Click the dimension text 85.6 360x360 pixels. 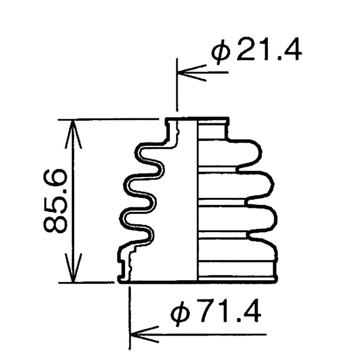55,201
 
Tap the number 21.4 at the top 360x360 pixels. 269,49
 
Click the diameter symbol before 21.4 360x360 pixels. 221,51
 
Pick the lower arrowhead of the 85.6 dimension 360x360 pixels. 73,268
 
